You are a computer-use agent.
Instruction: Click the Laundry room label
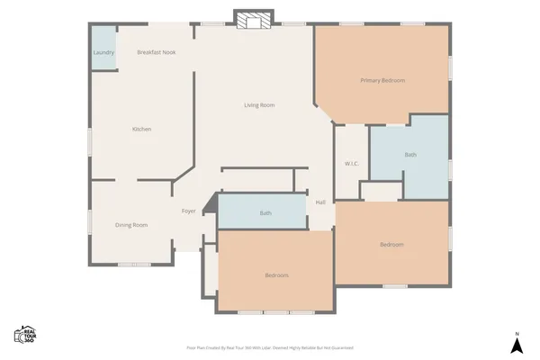pos(103,53)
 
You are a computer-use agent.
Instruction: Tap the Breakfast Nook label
pos(156,53)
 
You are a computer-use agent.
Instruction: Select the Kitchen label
pos(142,130)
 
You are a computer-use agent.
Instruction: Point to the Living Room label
pos(259,105)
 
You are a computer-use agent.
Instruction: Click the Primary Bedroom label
pos(382,81)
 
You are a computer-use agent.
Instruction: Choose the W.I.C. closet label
pos(352,164)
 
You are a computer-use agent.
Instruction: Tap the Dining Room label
pos(131,225)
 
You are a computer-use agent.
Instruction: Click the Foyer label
pos(189,211)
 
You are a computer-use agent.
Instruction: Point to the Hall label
pos(320,202)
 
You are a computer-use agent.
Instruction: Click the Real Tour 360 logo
pos(24,335)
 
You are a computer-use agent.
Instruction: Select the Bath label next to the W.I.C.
pos(410,155)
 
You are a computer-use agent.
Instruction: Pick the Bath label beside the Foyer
pos(265,213)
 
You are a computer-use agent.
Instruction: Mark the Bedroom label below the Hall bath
pos(276,275)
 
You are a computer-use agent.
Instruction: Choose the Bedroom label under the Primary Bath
pos(391,245)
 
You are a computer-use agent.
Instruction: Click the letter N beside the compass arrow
pos(517,335)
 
